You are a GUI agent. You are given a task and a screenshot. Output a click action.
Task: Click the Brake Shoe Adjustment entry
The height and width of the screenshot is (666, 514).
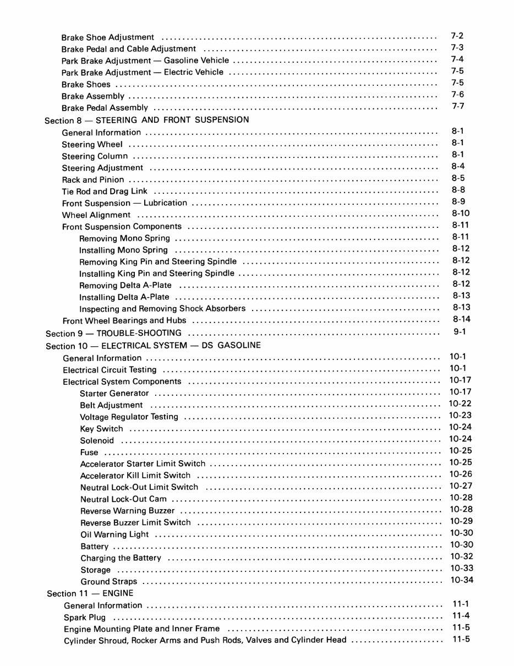pos(108,37)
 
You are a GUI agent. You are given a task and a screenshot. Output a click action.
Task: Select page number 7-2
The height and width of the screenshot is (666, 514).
pos(457,36)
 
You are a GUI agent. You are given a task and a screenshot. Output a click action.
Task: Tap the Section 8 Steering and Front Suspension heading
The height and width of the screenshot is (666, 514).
pos(146,120)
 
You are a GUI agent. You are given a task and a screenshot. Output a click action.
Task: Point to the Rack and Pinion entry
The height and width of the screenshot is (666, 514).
pos(93,179)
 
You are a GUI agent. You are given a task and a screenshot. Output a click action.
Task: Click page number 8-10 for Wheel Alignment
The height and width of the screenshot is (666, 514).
pos(460,213)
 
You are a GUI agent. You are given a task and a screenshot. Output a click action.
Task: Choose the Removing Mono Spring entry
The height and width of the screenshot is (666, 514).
pos(125,238)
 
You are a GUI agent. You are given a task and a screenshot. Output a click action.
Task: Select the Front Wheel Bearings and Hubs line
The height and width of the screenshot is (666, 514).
pos(124,320)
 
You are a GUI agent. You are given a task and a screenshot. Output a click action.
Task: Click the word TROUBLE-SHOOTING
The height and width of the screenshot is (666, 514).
pos(139,333)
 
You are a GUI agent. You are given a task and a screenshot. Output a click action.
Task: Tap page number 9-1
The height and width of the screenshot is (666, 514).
pos(460,331)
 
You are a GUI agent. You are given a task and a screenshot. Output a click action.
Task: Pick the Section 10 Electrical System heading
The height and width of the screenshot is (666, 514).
pos(153,346)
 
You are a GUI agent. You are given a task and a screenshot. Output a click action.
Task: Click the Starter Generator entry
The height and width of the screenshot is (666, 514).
pos(114,393)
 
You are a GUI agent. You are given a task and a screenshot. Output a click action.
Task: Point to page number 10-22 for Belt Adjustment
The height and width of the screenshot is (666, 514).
pos(460,403)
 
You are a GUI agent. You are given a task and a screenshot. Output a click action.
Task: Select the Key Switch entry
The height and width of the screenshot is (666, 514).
pos(102,428)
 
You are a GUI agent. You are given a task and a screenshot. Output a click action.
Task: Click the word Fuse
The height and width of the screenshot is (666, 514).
pos(89,452)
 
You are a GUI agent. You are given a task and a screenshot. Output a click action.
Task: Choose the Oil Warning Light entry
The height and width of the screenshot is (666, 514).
pos(114,534)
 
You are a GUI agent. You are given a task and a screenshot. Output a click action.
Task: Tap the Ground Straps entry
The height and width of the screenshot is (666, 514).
pos(109,581)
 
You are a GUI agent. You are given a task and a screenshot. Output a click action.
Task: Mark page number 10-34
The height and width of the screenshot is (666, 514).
pos(461,580)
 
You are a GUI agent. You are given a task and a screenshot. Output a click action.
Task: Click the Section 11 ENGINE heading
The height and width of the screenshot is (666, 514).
pos(90,593)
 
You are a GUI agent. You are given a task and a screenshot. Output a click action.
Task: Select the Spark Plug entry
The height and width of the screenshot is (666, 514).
pos(85,618)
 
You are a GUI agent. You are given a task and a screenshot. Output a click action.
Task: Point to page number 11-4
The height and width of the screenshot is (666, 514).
pos(461,615)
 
